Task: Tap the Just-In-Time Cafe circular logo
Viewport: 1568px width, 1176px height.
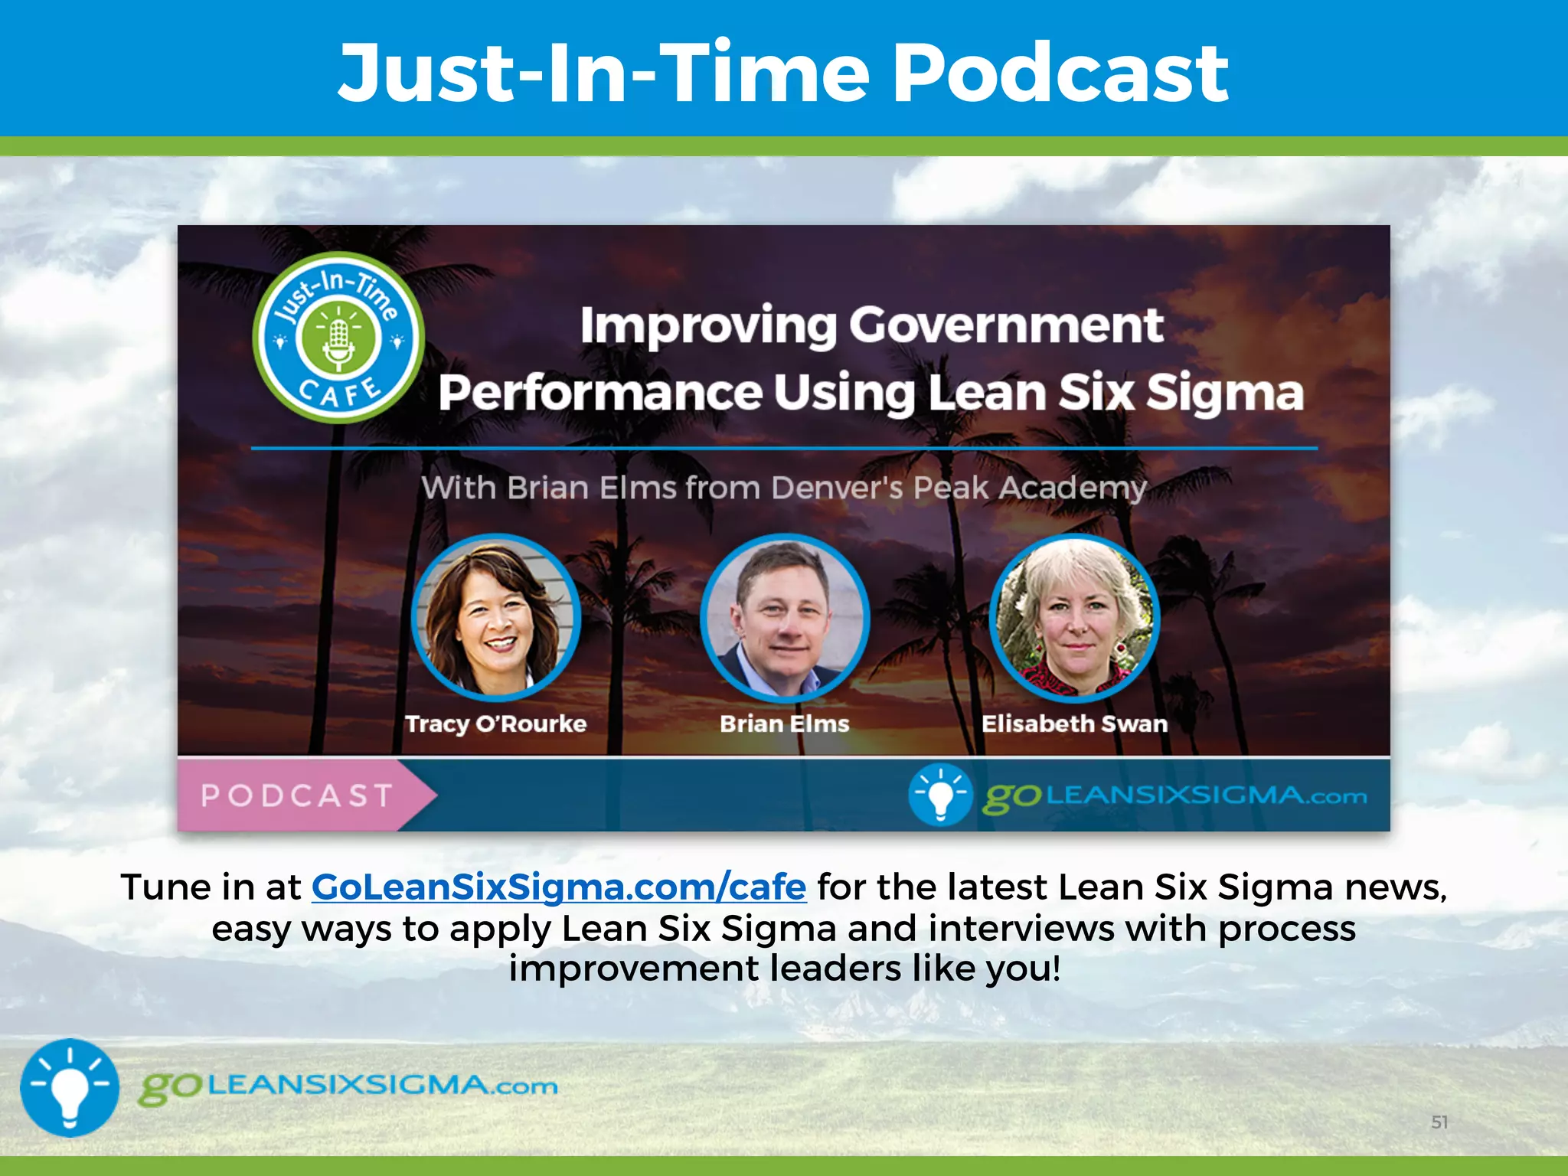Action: (338, 338)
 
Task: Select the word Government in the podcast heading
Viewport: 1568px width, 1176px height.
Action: (1006, 326)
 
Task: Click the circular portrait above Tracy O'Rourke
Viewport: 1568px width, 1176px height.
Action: (496, 617)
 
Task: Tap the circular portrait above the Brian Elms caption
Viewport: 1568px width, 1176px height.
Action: (785, 617)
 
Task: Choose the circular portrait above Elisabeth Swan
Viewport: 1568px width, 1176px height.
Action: (1074, 617)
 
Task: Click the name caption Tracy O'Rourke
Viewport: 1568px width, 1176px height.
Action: (496, 724)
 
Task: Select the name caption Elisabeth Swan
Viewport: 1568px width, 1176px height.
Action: (1074, 724)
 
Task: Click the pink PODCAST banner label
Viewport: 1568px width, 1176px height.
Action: (297, 795)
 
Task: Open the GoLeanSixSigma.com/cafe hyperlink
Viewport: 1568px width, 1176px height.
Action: (558, 887)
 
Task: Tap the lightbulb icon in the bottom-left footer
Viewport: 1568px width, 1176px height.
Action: (70, 1087)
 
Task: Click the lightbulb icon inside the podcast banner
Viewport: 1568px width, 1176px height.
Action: (940, 795)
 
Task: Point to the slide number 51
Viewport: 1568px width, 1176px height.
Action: (1439, 1122)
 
